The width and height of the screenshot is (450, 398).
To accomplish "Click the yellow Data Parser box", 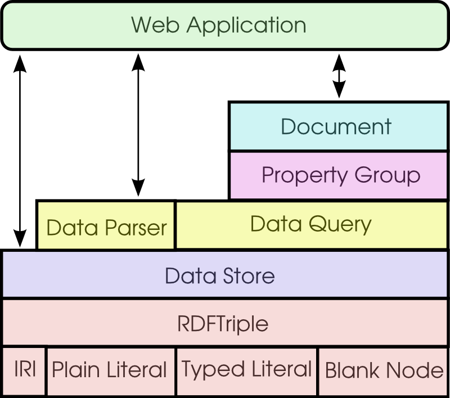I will pos(106,226).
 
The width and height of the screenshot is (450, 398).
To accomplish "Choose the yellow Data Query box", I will pos(311,224).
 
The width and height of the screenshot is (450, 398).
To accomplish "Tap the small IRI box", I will pos(24,370).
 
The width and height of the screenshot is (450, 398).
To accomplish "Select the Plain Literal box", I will pos(110,370).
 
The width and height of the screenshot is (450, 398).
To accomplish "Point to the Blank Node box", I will pos(384,370).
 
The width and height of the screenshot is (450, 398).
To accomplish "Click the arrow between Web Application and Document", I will pos(339,76).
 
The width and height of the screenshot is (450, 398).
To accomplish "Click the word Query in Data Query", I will pos(343,225).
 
